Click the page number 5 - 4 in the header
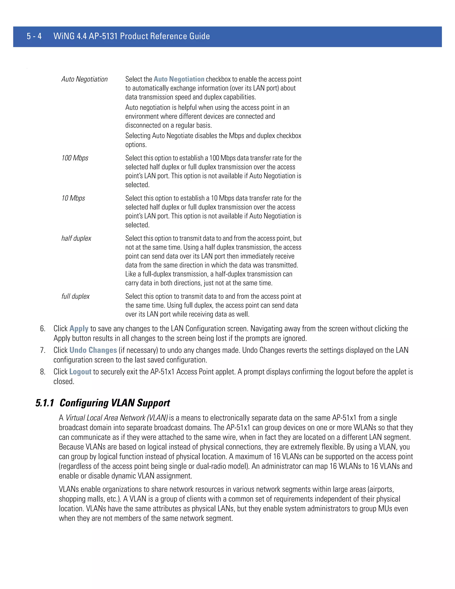coord(34,36)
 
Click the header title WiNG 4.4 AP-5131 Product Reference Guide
coord(132,36)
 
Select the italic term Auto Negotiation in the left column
coord(84,79)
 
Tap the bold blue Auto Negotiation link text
coord(179,79)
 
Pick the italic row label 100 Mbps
coord(75,158)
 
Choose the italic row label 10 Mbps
coord(73,198)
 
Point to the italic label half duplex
coord(76,238)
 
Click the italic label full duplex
coord(76,296)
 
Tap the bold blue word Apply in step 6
coord(79,329)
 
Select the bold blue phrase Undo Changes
coord(93,350)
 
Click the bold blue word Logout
coord(80,372)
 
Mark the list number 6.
coord(43,329)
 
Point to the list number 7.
coord(43,350)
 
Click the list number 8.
coord(43,372)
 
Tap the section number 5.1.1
coord(45,403)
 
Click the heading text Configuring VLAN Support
coord(115,403)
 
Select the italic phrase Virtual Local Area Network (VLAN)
coord(117,418)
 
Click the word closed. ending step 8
coord(64,381)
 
